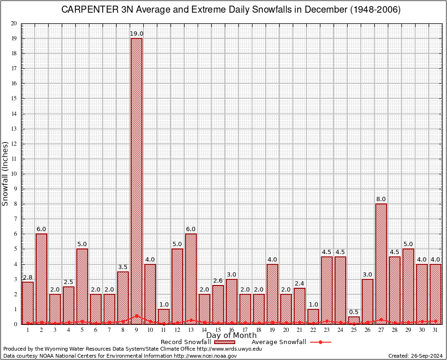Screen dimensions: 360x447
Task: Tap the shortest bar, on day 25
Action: coord(354,320)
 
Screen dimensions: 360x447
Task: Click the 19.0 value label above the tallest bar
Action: coord(136,34)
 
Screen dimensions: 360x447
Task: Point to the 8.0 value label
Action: coord(381,199)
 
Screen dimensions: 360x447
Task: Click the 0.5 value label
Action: coord(354,312)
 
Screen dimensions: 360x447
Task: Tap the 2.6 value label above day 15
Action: coord(218,281)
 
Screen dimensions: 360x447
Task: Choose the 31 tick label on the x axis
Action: coord(435,330)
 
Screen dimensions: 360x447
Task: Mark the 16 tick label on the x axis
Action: coord(231,330)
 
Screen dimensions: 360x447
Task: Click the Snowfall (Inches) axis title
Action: coord(6,173)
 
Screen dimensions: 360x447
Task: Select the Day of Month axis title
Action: coord(231,336)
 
